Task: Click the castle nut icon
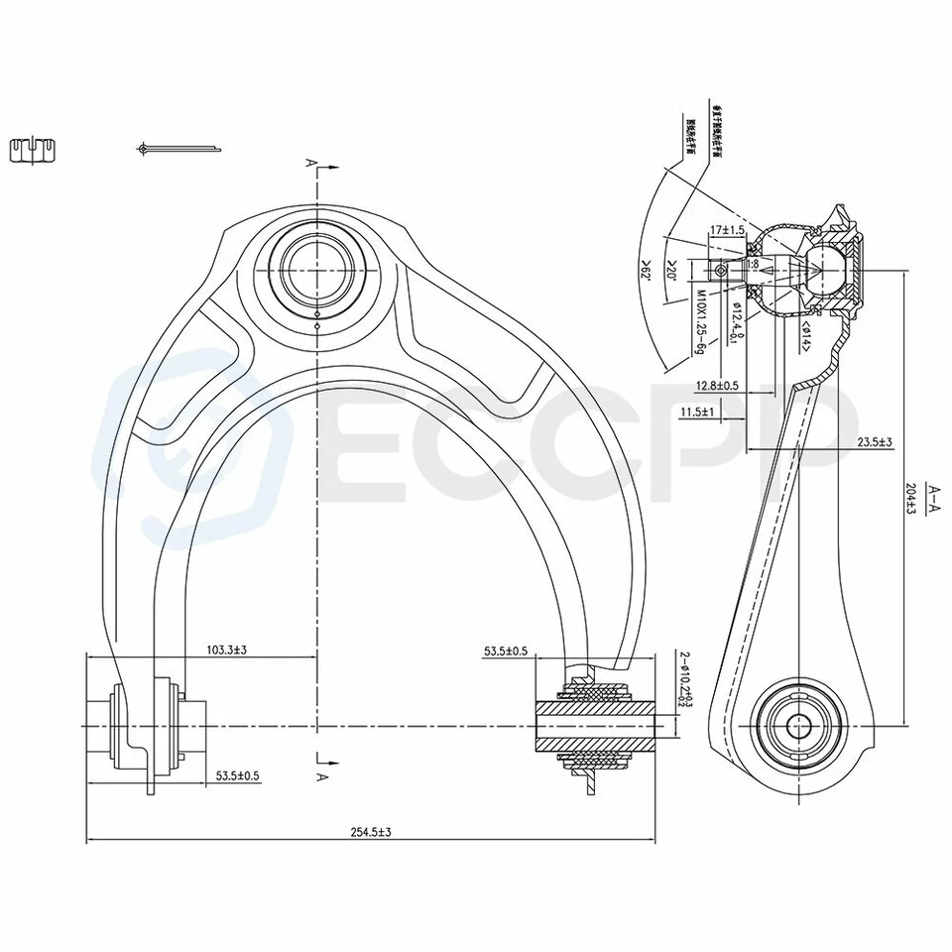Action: click(x=34, y=150)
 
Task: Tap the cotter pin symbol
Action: click(x=178, y=150)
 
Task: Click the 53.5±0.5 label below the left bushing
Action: click(x=238, y=776)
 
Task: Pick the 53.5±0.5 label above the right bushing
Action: click(x=506, y=652)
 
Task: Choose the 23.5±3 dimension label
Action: click(x=875, y=442)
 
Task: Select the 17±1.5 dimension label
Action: click(x=727, y=230)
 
